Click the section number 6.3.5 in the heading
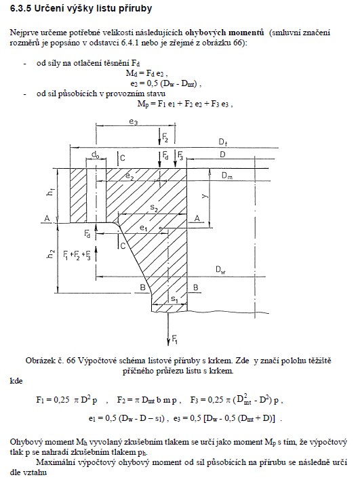(x=20, y=8)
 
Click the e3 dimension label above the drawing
(x=134, y=122)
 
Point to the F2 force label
(x=165, y=137)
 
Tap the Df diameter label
(x=223, y=142)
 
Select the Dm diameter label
(x=227, y=176)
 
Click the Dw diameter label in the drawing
(x=220, y=270)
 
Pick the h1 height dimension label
(x=50, y=192)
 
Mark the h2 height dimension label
(x=51, y=254)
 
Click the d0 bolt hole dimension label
(x=96, y=154)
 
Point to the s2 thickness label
(x=154, y=207)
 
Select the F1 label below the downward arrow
(x=174, y=341)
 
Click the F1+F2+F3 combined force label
(x=77, y=256)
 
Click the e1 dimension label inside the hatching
(x=143, y=228)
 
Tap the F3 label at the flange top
(x=180, y=155)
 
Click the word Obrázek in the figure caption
(x=39, y=361)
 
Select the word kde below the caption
(x=16, y=381)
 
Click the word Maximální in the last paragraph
(x=54, y=462)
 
